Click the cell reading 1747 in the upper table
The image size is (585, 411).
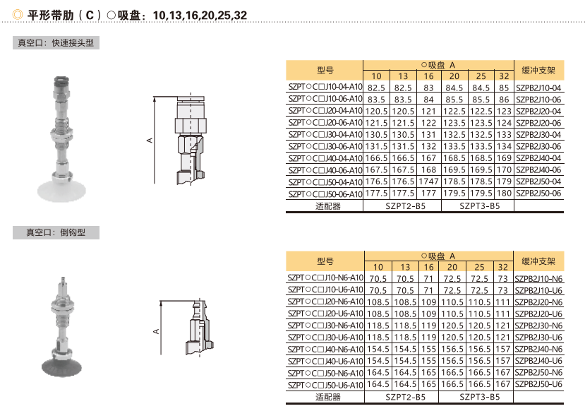(x=428, y=181)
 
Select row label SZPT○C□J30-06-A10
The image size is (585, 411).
(x=325, y=146)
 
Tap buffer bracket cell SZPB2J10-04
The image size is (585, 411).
(x=538, y=88)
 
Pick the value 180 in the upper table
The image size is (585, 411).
(x=504, y=193)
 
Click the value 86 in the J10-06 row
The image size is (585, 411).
(x=504, y=100)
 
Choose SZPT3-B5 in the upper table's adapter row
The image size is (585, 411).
(x=479, y=206)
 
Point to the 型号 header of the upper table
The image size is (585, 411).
(x=325, y=70)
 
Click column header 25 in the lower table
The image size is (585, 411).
(x=479, y=267)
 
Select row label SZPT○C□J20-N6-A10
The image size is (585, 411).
(x=325, y=302)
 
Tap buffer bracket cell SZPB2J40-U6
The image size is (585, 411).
(x=538, y=361)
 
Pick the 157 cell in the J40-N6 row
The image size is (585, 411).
(x=503, y=349)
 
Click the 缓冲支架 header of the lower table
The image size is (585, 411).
(x=538, y=261)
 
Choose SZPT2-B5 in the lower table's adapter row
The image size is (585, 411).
(x=405, y=397)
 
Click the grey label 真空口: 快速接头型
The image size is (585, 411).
(x=56, y=43)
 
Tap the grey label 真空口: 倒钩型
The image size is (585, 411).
(x=56, y=232)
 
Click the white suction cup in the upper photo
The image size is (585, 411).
(x=61, y=191)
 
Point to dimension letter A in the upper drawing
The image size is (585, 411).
(x=150, y=141)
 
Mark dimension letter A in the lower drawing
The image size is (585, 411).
(x=156, y=331)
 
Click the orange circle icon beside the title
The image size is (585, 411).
(x=18, y=15)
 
